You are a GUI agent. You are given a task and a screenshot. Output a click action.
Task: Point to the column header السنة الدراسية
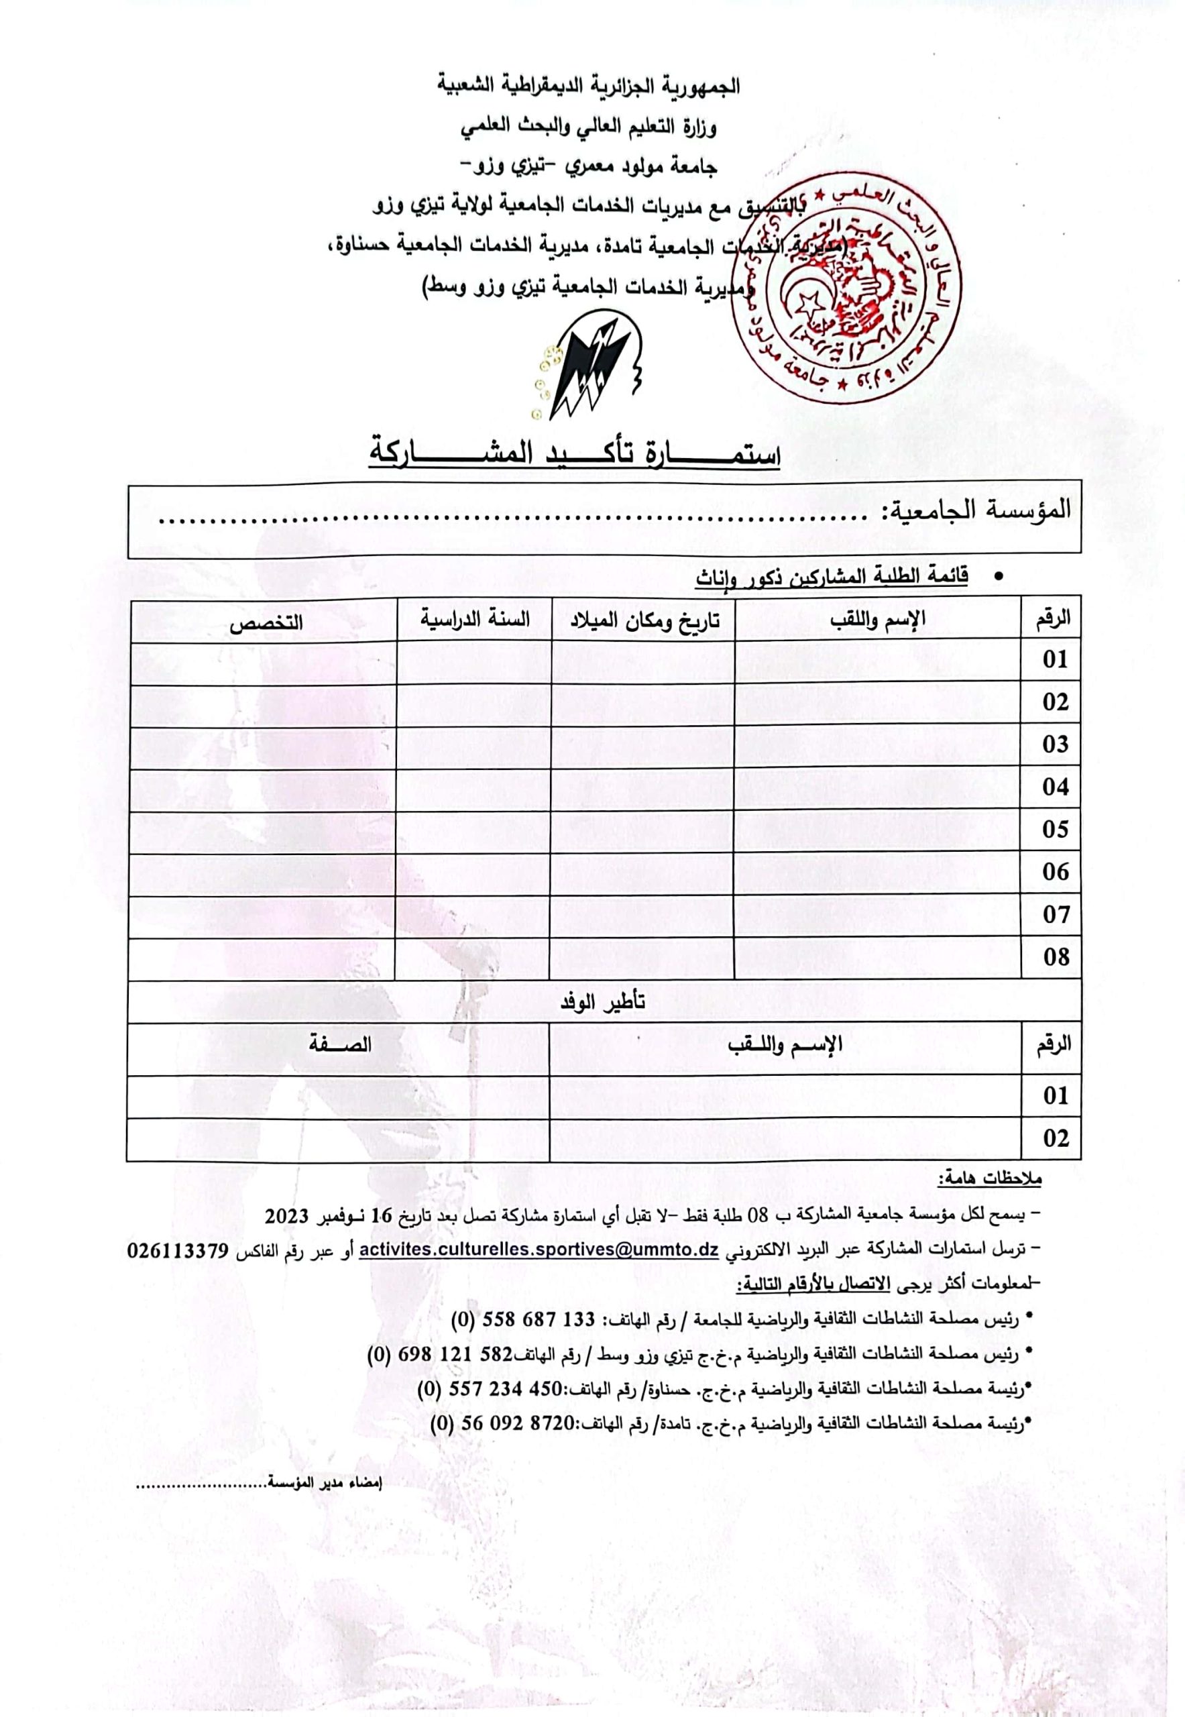(x=475, y=619)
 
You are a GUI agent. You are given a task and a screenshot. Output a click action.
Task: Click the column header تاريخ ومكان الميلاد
(x=644, y=621)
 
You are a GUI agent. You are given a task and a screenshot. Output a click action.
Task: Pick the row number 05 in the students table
(x=1054, y=830)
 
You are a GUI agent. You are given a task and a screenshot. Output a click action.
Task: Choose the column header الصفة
(x=340, y=1046)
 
